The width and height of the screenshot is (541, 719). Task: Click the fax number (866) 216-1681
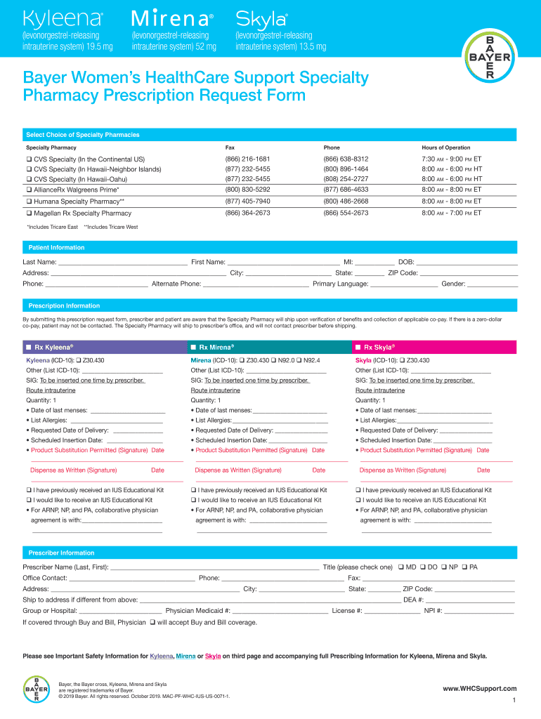pyautogui.click(x=247, y=159)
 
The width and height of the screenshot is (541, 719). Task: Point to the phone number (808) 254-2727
pyautogui.click(x=346, y=179)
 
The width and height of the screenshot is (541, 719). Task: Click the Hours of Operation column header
pyautogui.click(x=445, y=147)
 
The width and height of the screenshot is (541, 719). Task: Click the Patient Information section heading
pyautogui.click(x=56, y=248)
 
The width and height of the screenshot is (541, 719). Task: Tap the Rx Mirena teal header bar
pyautogui.click(x=269, y=347)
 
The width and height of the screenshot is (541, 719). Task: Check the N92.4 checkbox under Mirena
pyautogui.click(x=299, y=360)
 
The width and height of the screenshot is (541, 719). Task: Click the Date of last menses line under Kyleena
pyautogui.click(x=127, y=411)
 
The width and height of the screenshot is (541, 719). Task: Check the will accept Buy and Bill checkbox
pyautogui.click(x=152, y=622)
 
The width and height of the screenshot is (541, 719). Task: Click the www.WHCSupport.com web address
pyautogui.click(x=479, y=689)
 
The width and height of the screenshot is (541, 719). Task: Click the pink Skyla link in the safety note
pyautogui.click(x=213, y=657)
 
